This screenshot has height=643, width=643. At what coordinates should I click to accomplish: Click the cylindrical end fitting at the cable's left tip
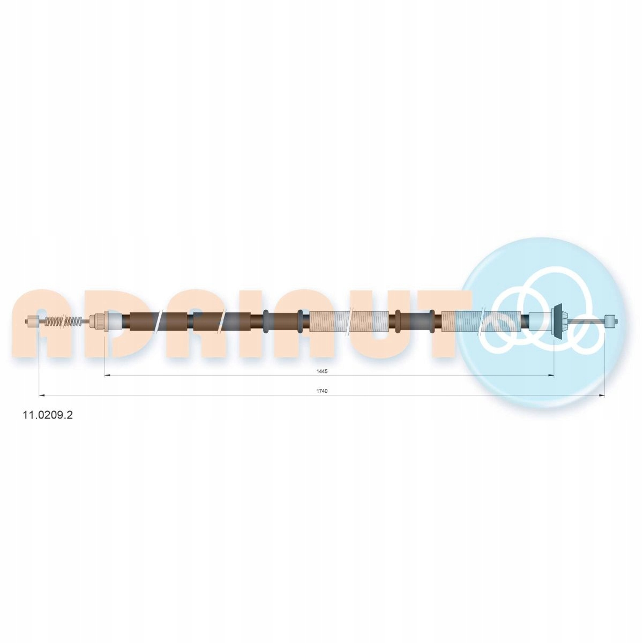pos(32,322)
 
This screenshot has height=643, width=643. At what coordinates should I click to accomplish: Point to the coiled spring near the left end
pos(63,322)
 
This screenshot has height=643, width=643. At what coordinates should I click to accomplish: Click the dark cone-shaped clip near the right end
pos(558,322)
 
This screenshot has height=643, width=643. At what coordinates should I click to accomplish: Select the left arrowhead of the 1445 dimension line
pos(108,376)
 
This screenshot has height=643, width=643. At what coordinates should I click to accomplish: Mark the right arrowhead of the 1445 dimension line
pos(551,376)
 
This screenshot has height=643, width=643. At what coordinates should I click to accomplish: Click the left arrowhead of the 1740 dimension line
pos(42,395)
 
